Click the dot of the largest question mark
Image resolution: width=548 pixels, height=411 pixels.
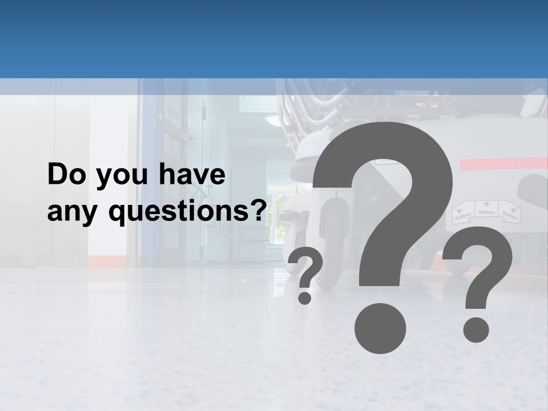point(380,328)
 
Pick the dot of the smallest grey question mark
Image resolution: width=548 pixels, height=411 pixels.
point(305,297)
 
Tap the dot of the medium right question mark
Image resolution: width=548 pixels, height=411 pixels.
point(476,329)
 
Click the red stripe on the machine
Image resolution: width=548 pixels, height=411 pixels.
point(502,164)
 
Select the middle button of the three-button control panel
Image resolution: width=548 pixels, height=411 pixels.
point(487,209)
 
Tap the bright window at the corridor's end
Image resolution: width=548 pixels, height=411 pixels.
point(278,217)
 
